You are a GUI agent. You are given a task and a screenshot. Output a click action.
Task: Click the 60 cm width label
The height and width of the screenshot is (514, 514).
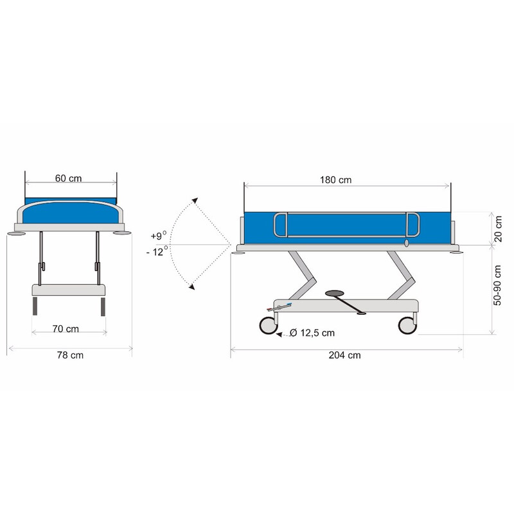pyautogui.click(x=68, y=179)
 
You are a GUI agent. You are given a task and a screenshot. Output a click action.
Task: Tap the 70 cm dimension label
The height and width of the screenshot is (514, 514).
pyautogui.click(x=66, y=329)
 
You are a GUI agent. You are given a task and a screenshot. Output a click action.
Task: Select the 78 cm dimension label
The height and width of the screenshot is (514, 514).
pyautogui.click(x=70, y=355)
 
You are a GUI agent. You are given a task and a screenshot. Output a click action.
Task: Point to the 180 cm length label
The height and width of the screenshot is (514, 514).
pyautogui.click(x=335, y=180)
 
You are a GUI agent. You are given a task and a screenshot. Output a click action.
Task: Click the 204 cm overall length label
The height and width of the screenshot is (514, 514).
pyautogui.click(x=344, y=355)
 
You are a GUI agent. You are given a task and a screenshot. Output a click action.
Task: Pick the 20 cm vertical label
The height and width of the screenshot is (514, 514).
pyautogui.click(x=498, y=229)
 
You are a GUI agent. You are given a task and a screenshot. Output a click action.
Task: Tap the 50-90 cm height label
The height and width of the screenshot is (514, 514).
pyautogui.click(x=497, y=285)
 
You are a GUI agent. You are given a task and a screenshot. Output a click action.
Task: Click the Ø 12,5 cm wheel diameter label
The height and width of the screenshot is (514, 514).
pyautogui.click(x=312, y=333)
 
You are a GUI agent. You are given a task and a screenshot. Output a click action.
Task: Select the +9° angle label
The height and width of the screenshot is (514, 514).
pyautogui.click(x=159, y=235)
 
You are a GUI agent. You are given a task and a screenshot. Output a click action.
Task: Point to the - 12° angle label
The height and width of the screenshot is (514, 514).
pyautogui.click(x=157, y=251)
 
